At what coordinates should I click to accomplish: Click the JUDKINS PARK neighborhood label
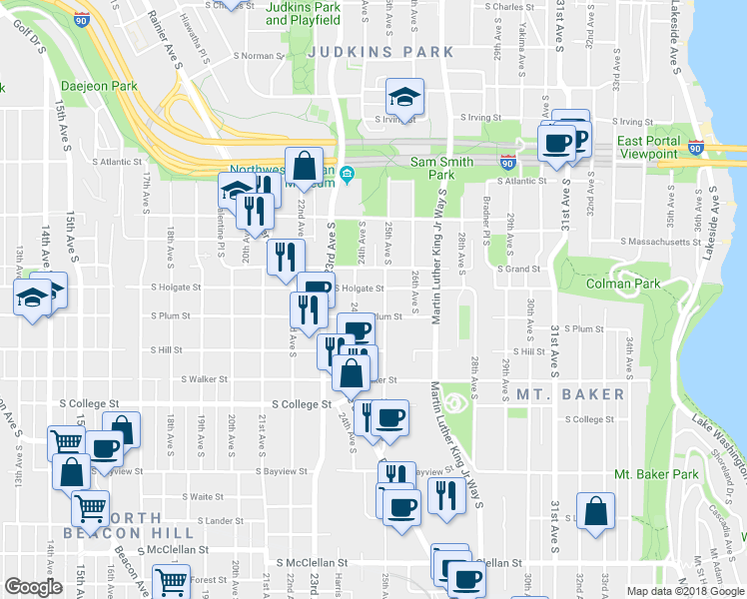(x=380, y=52)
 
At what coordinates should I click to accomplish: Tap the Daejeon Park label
(x=99, y=87)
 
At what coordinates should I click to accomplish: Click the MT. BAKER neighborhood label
(x=570, y=394)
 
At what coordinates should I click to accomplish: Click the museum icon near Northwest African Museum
(x=348, y=176)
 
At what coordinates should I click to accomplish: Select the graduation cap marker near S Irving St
(x=403, y=98)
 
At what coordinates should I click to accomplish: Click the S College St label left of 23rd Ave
(x=302, y=404)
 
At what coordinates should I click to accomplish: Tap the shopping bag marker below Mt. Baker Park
(x=596, y=511)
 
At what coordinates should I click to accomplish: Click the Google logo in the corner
(x=33, y=587)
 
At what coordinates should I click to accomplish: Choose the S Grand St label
(x=519, y=269)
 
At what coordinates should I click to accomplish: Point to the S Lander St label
(x=221, y=520)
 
